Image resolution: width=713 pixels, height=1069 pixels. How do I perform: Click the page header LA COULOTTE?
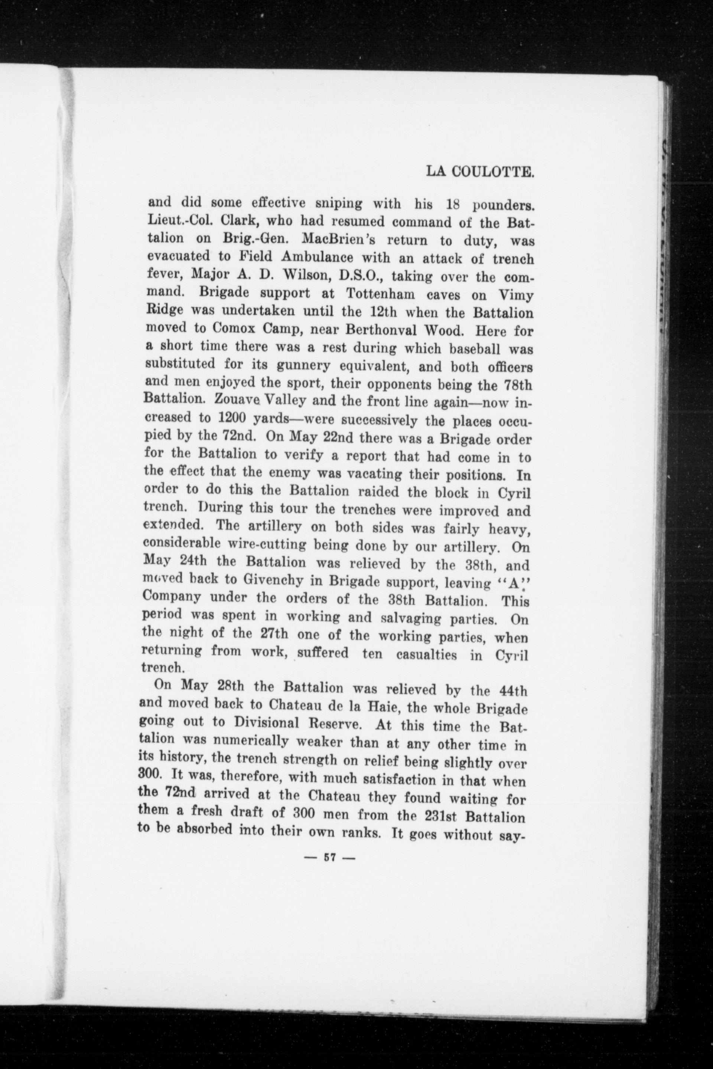click(479, 171)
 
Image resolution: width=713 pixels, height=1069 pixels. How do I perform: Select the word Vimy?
click(516, 295)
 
